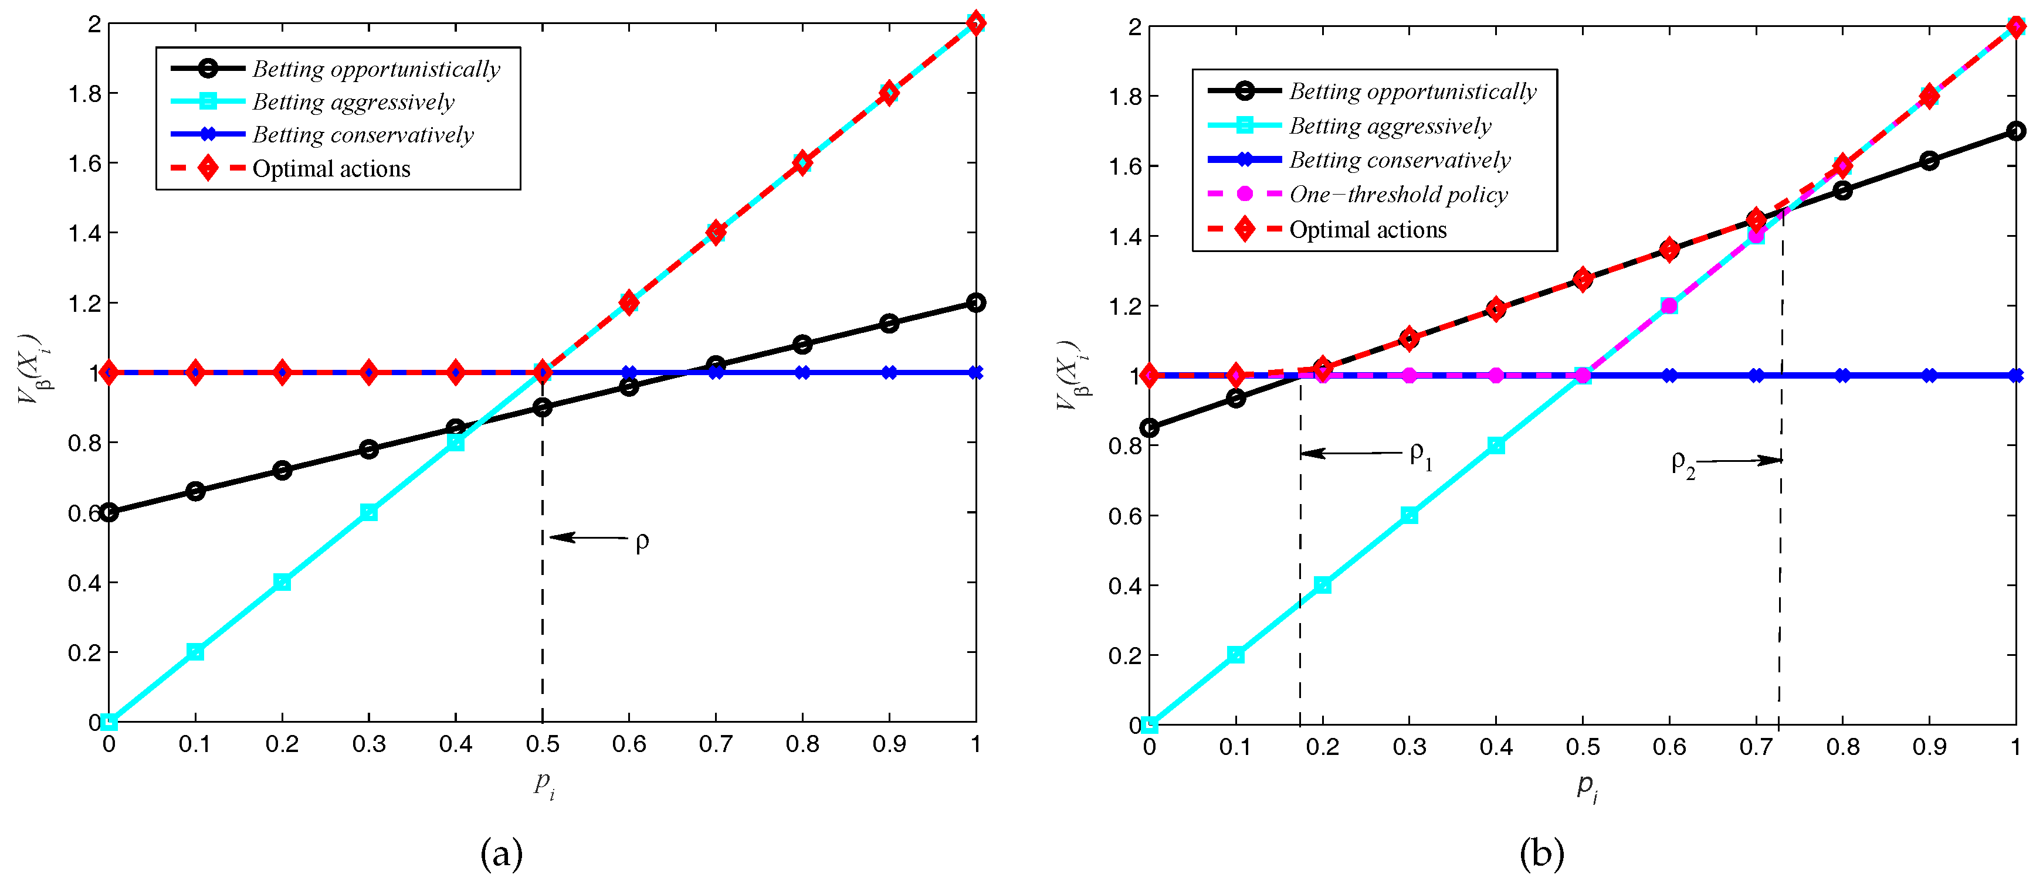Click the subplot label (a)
coord(502,854)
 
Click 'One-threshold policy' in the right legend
coord(1398,194)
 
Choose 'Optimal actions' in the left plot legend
coord(331,169)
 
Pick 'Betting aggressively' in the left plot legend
coord(353,102)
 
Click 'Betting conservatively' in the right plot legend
coord(1400,160)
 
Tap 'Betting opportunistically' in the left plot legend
coord(376,69)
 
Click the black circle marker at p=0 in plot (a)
coord(110,512)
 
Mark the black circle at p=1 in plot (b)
coord(2015,131)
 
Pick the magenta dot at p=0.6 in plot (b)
coord(1669,306)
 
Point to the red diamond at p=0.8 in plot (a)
coord(802,162)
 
